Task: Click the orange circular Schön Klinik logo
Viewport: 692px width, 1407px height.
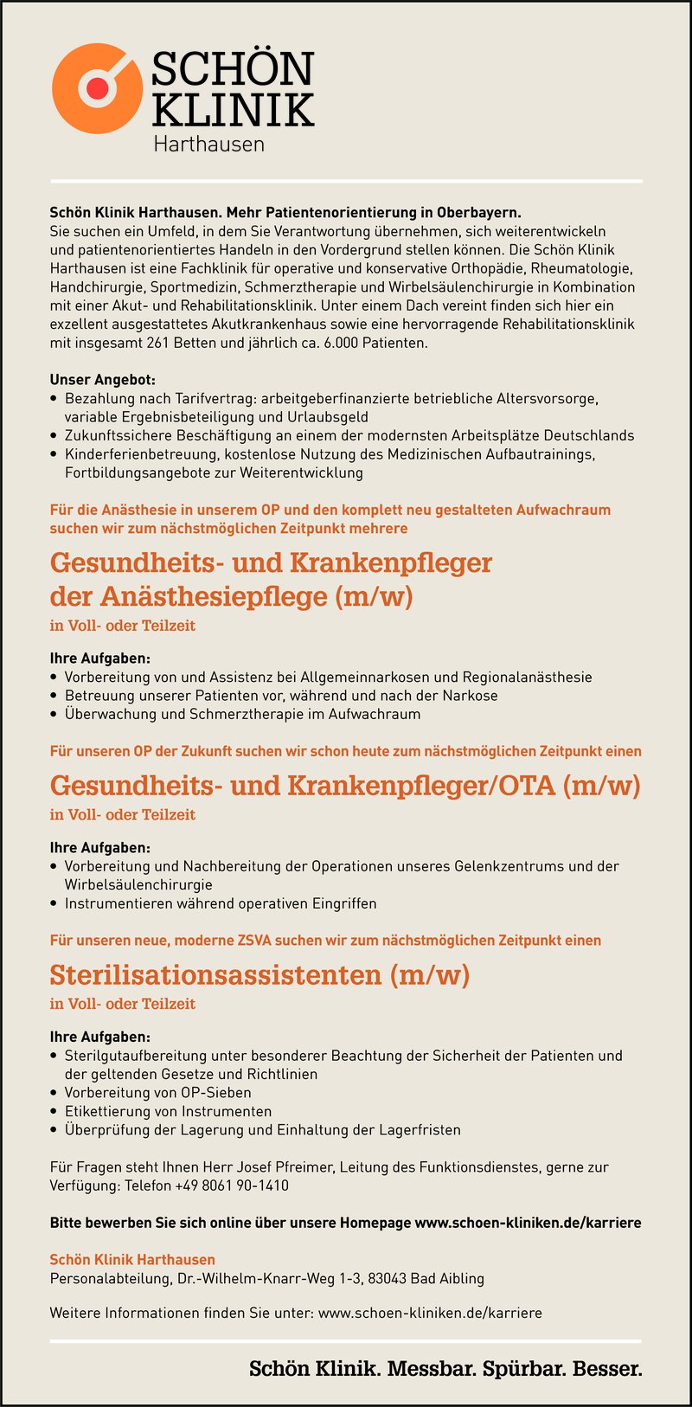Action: coord(96,87)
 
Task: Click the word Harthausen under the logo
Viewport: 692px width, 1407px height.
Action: coord(208,145)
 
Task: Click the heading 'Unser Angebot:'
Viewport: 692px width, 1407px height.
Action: coord(102,380)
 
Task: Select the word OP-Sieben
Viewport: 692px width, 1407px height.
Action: coord(216,1092)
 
